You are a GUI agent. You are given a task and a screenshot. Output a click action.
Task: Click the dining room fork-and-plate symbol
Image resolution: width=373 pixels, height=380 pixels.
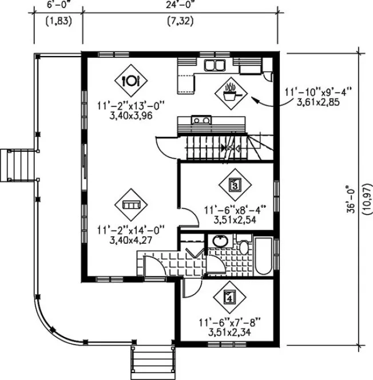click(131, 80)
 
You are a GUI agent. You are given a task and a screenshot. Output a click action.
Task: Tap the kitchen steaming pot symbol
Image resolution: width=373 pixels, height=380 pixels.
click(232, 92)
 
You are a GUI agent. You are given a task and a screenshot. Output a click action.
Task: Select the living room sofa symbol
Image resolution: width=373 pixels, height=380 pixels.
click(131, 204)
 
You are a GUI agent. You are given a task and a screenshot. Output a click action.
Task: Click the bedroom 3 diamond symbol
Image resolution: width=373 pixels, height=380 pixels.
click(235, 184)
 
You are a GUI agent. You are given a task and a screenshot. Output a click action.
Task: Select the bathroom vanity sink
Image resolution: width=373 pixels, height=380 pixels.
click(220, 241)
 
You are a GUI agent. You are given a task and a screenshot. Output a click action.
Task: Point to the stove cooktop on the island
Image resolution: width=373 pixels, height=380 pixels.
click(200, 120)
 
